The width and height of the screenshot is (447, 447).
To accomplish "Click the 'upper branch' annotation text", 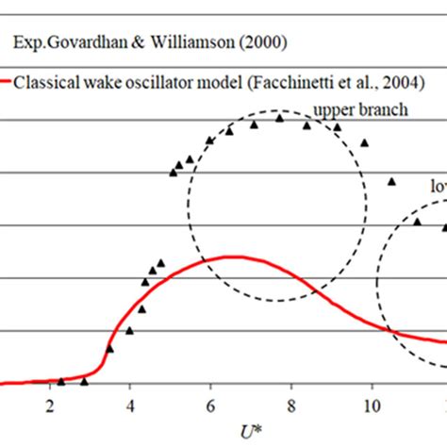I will [x=360, y=109].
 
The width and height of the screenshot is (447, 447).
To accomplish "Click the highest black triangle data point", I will [x=279, y=118].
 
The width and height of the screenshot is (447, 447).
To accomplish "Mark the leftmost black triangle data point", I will [x=61, y=381].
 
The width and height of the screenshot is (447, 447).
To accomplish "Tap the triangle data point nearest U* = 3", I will [x=84, y=381].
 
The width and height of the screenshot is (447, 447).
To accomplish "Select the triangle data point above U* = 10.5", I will [x=391, y=181].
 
